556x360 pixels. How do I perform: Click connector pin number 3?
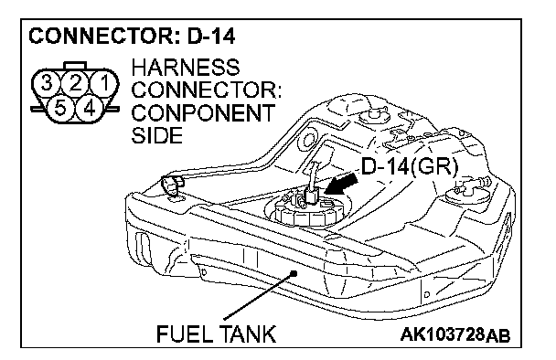click(47, 84)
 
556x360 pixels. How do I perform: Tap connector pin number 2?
click(75, 84)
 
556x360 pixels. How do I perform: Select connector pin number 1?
click(104, 84)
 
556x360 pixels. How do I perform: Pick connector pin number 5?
click(60, 108)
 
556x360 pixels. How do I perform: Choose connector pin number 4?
click(90, 108)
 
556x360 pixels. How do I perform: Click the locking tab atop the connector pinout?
click(75, 67)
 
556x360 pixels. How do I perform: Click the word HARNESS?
click(186, 68)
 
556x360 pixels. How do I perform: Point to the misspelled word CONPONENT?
click(203, 112)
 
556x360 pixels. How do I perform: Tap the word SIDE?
click(157, 135)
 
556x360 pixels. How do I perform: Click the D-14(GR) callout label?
click(409, 165)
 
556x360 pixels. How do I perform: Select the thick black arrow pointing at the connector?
click(341, 184)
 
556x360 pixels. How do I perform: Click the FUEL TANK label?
click(216, 334)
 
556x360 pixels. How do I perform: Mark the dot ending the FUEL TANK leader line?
click(294, 273)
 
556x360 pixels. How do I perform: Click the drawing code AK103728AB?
click(455, 334)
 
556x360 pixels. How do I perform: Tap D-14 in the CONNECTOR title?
click(211, 37)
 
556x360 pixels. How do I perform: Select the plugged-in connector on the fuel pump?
click(310, 196)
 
